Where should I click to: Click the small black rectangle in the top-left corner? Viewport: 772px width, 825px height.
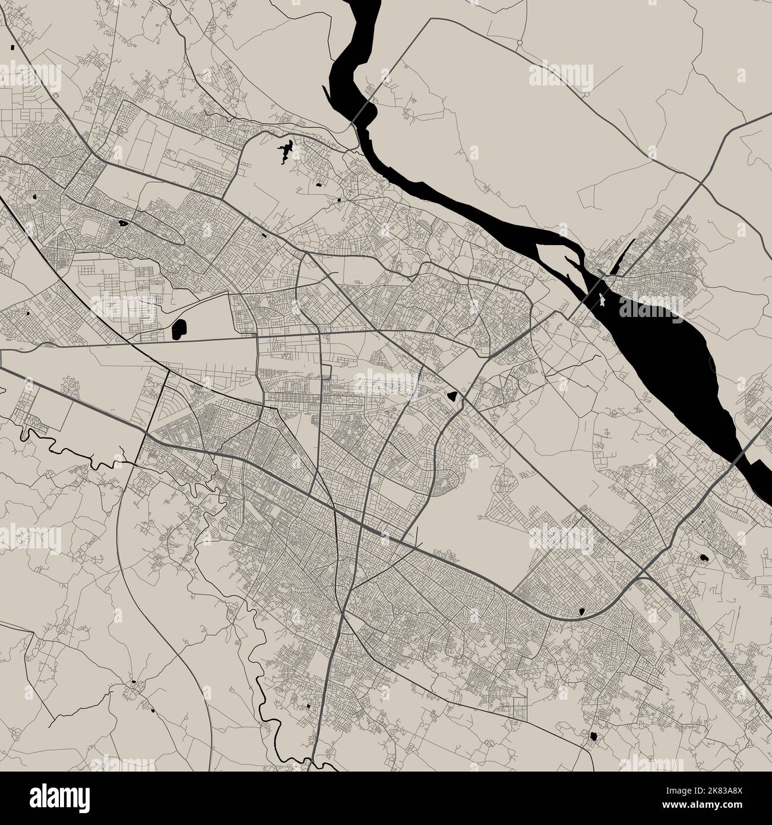(x=12, y=46)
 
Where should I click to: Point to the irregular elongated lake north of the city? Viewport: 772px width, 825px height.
(x=287, y=150)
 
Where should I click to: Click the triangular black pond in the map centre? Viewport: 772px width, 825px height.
(x=453, y=396)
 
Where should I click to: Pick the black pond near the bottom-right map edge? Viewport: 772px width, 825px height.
(x=592, y=737)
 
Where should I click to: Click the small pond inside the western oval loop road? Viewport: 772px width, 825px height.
(x=124, y=224)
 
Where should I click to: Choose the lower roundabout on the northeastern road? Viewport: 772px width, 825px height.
(x=586, y=94)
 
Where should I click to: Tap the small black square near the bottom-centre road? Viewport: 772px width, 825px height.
(x=309, y=706)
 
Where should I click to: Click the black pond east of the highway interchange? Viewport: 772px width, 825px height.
(x=704, y=559)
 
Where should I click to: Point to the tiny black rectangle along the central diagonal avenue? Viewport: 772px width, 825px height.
(x=264, y=235)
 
